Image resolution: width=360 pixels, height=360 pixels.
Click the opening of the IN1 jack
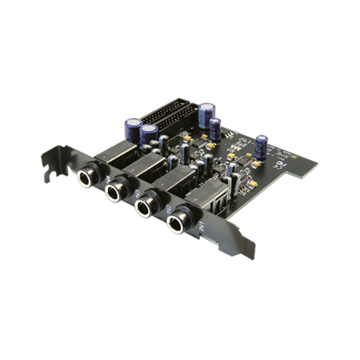(178, 225)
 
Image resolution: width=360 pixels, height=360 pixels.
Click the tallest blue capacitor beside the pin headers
(206, 116)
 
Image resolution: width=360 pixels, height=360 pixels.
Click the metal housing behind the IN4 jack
(111, 154)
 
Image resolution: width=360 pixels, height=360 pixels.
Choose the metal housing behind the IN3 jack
(141, 167)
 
